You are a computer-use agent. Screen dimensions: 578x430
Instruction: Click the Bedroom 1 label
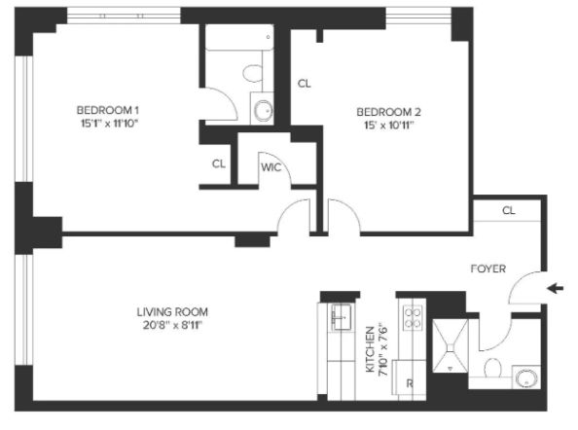(x=108, y=110)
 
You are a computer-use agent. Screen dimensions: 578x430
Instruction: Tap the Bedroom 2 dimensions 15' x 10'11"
(x=389, y=125)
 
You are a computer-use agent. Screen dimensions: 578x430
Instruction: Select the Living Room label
(x=172, y=312)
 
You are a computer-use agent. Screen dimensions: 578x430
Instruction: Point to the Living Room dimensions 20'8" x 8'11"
(x=172, y=325)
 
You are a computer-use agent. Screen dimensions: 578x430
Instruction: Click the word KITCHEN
(x=370, y=349)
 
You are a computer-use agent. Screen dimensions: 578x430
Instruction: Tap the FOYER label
(x=488, y=269)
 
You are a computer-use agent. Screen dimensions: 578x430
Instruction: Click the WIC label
(x=271, y=167)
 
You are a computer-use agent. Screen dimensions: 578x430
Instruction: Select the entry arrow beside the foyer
(x=556, y=288)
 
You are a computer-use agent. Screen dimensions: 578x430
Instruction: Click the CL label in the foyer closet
(x=508, y=210)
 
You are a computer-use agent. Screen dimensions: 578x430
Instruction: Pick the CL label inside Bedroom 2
(x=305, y=84)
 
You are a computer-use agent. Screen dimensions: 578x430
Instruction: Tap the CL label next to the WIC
(x=219, y=163)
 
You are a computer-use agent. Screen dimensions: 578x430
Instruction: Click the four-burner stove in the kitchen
(x=413, y=317)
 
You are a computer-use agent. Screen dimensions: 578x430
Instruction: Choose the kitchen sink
(x=342, y=317)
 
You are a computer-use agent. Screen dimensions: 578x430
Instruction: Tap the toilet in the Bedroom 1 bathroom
(x=253, y=73)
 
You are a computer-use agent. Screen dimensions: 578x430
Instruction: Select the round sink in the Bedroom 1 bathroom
(x=264, y=110)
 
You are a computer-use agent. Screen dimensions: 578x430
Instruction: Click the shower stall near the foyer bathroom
(x=451, y=346)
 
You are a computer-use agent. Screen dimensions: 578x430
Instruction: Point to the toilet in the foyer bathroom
(x=492, y=368)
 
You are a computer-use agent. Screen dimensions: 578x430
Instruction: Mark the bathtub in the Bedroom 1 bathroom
(x=239, y=37)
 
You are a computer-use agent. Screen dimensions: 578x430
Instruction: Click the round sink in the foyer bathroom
(x=526, y=378)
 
